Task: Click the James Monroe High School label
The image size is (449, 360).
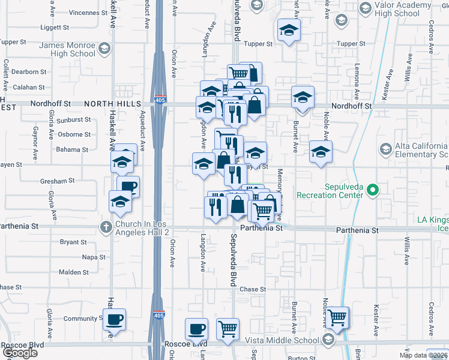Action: (67, 49)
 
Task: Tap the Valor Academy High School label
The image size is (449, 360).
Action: (406, 10)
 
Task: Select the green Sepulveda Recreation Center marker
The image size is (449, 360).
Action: (372, 191)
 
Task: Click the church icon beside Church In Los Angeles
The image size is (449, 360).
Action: (105, 227)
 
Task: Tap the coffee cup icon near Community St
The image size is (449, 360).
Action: (114, 319)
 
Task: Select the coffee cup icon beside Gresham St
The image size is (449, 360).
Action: (128, 187)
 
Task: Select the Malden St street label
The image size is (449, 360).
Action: (74, 272)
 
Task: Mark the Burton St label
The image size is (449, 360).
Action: (298, 358)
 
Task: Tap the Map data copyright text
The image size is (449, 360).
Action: (423, 355)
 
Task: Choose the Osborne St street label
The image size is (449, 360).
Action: (75, 134)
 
